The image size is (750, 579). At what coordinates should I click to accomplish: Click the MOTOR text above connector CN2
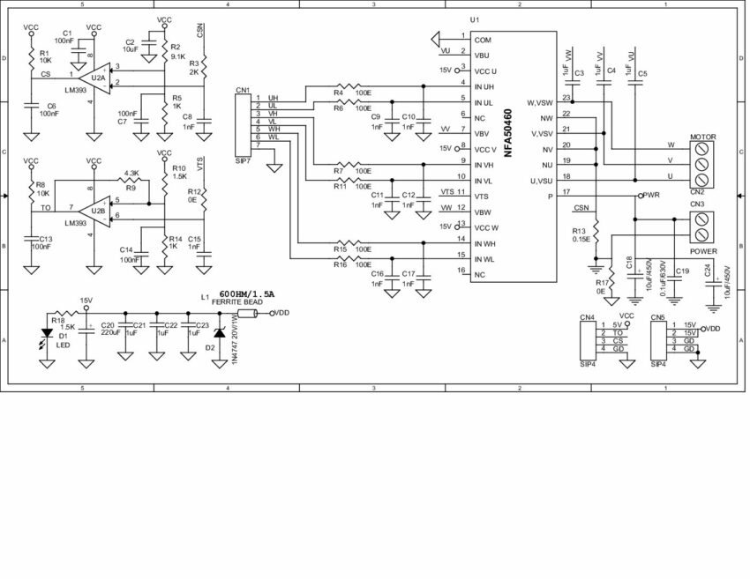[x=702, y=137]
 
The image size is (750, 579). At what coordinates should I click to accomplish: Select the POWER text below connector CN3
[x=703, y=250]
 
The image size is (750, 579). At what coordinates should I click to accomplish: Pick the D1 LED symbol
[x=46, y=335]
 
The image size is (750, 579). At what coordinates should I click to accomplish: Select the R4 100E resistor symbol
[x=339, y=86]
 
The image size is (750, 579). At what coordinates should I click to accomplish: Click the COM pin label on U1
[x=483, y=40]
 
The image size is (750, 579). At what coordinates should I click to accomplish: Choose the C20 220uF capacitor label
[x=109, y=330]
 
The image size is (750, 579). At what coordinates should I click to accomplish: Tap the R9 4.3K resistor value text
[x=131, y=173]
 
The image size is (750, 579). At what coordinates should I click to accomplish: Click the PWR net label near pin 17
[x=651, y=195]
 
